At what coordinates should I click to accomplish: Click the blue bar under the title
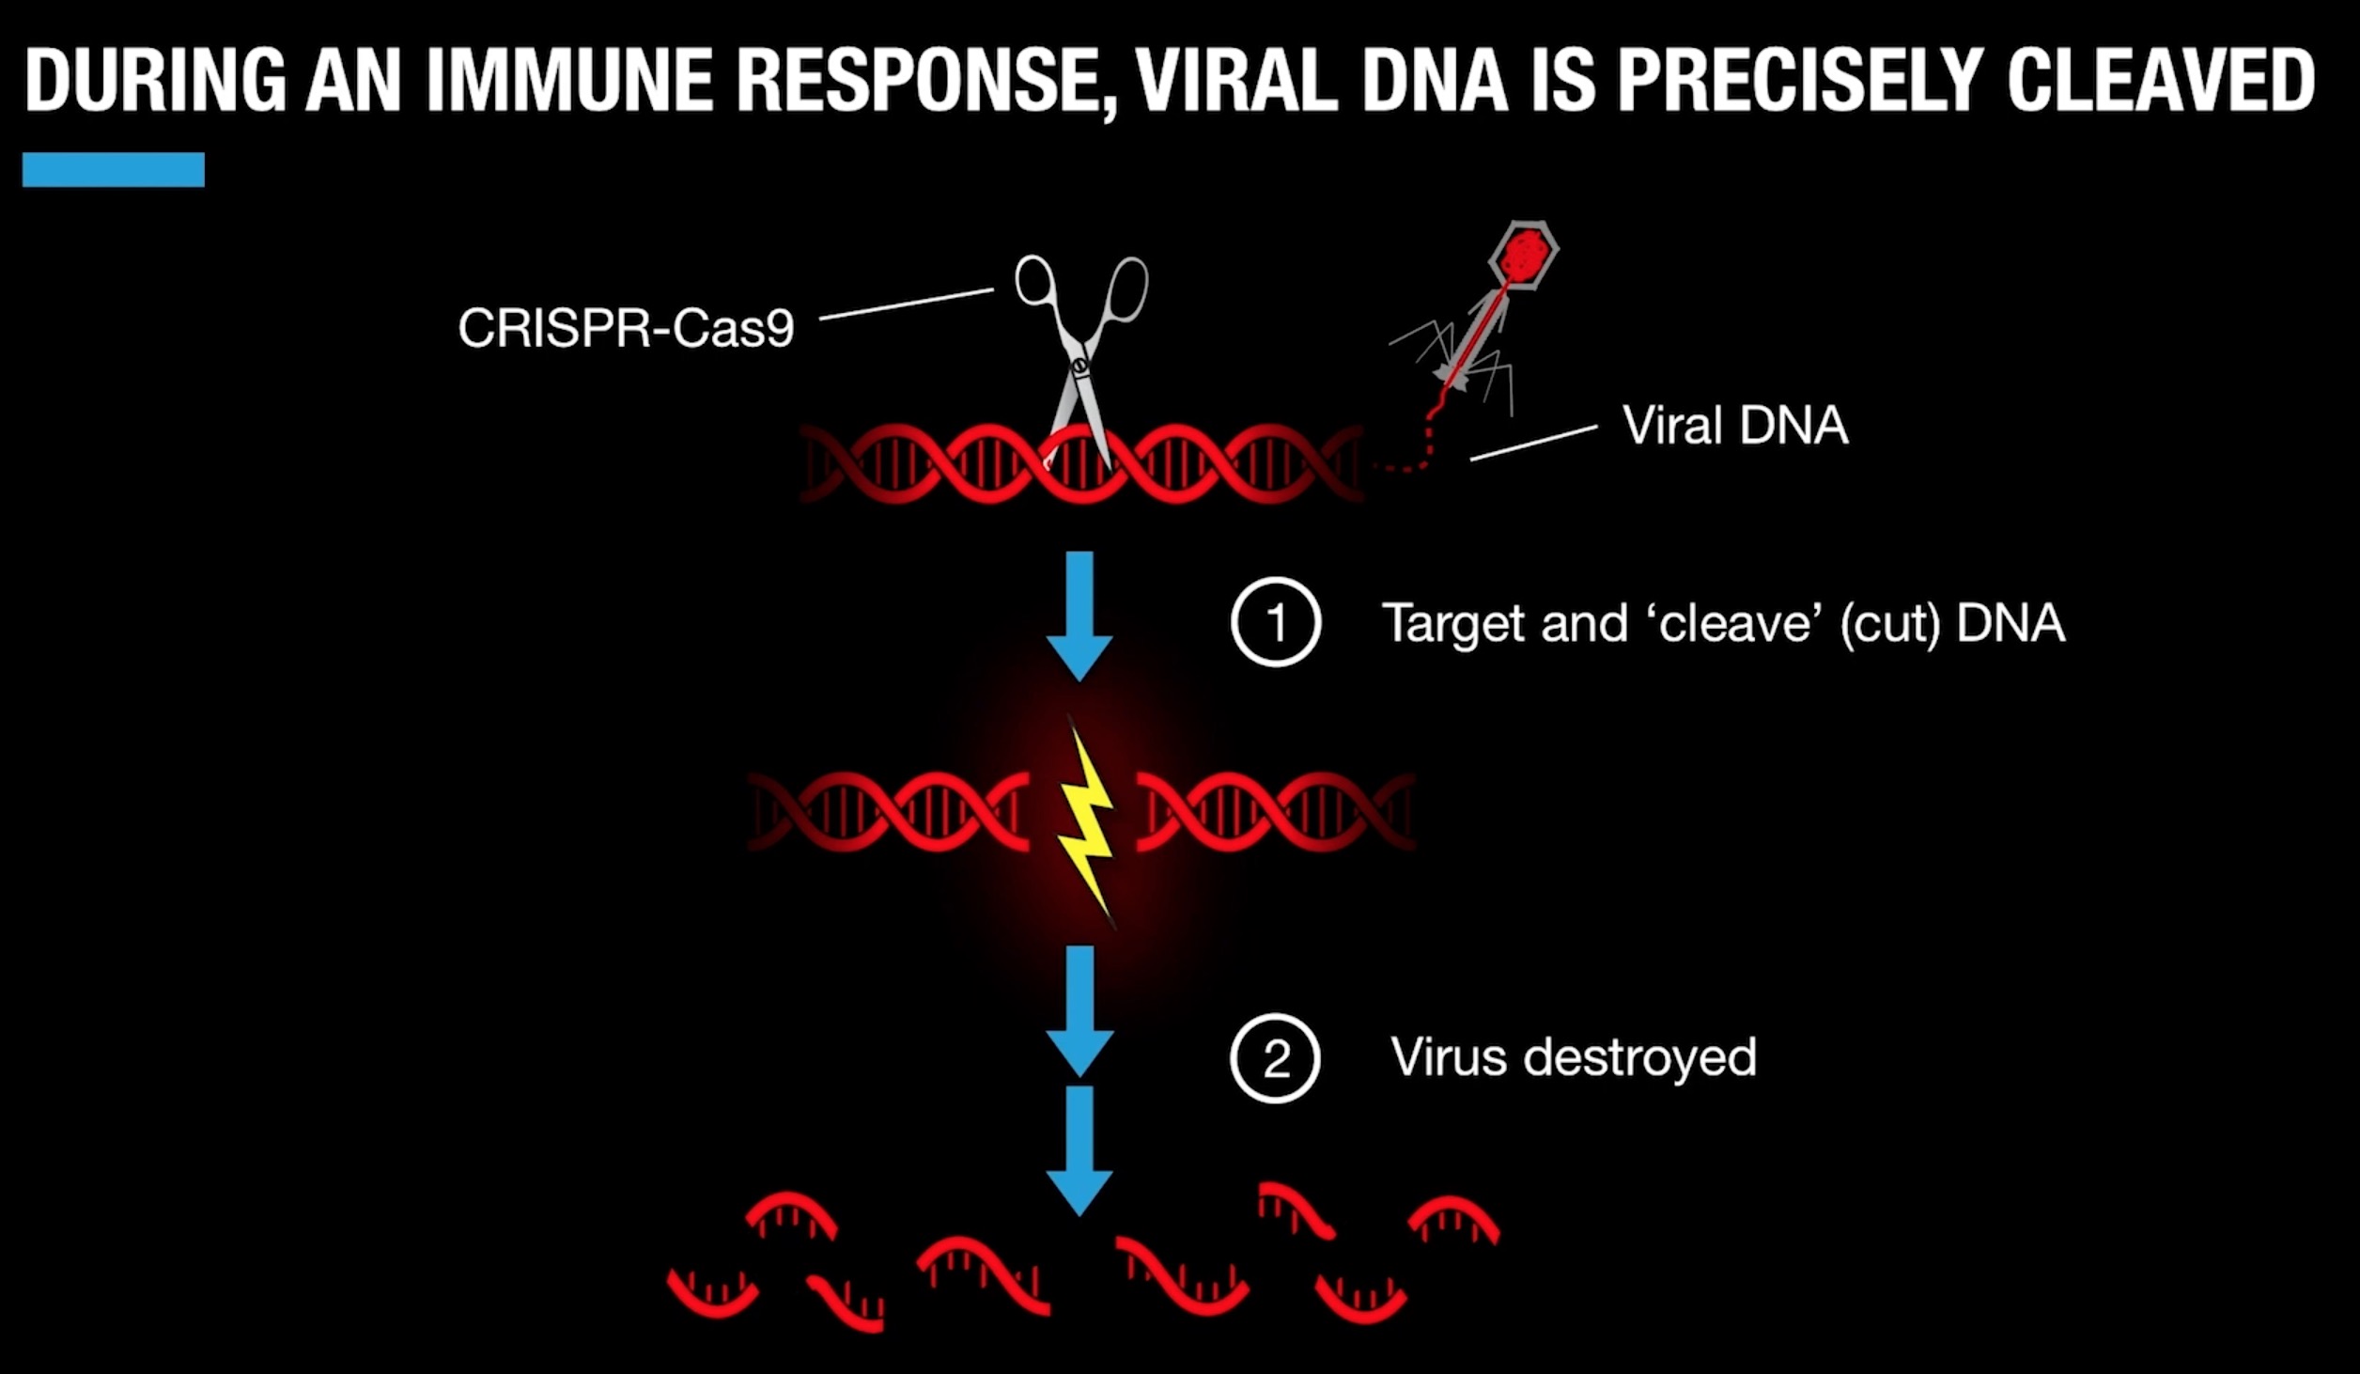coord(113,169)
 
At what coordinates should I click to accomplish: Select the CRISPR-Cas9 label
coord(626,328)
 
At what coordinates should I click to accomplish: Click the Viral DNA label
coord(1735,425)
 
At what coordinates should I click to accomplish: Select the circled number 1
coord(1276,623)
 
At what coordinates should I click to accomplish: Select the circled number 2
coord(1275,1058)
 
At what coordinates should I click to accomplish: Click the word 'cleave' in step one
coord(1734,623)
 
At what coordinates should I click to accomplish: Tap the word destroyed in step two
coord(1639,1057)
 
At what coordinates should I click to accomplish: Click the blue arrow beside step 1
coord(1079,616)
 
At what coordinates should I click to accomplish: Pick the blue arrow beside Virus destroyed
coord(1080,1010)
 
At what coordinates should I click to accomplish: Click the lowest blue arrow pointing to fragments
coord(1079,1150)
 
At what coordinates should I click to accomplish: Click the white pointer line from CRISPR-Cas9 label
coord(906,304)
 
